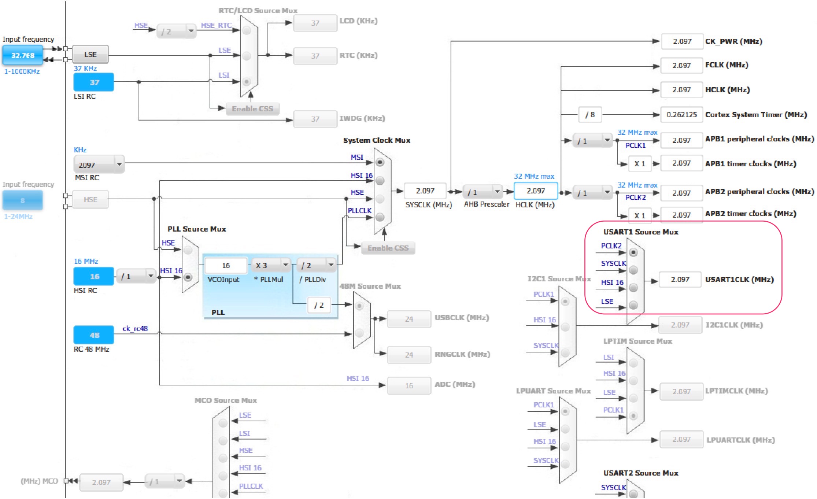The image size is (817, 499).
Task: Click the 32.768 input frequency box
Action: [x=23, y=55]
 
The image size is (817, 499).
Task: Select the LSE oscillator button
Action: [x=90, y=55]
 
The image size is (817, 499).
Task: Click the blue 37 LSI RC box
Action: [x=94, y=82]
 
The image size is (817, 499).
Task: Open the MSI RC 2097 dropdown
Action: [x=99, y=165]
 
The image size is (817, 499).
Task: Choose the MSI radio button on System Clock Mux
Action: [x=380, y=162]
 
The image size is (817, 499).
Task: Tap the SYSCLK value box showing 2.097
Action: [x=425, y=191]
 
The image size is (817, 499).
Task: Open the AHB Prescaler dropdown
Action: [x=483, y=192]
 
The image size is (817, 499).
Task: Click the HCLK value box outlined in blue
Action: [x=536, y=191]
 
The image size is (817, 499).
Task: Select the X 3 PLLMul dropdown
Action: [x=271, y=265]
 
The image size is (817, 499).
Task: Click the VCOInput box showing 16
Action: [x=226, y=265]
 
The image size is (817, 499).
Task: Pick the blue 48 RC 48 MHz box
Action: [x=94, y=335]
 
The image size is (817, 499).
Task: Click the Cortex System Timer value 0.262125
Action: [x=682, y=115]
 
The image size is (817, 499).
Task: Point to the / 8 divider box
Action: [x=590, y=115]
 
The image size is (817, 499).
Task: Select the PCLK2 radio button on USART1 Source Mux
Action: [x=633, y=252]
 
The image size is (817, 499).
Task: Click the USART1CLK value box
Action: [x=680, y=280]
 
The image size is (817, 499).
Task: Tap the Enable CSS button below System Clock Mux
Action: [x=388, y=248]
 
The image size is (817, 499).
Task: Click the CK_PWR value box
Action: [x=682, y=41]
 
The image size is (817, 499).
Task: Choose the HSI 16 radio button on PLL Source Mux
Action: [x=188, y=277]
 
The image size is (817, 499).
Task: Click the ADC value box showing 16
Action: [x=409, y=385]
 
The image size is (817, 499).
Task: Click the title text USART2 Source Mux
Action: [x=641, y=473]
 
